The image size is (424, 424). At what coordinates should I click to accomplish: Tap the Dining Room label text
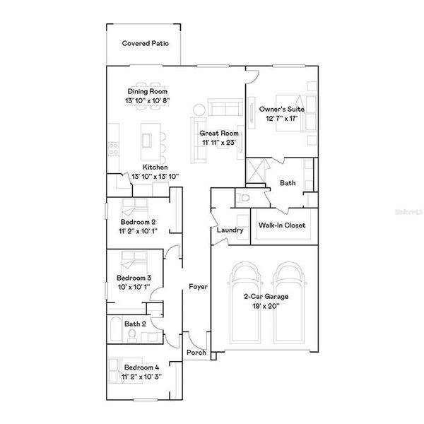(147, 91)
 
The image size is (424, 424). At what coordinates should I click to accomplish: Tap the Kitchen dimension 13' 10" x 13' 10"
(155, 176)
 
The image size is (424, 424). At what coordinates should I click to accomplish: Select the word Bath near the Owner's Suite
(287, 183)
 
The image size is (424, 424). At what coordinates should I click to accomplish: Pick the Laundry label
(230, 230)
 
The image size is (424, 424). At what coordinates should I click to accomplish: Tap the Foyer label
(197, 286)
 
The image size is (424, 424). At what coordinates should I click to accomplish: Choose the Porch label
(196, 353)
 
